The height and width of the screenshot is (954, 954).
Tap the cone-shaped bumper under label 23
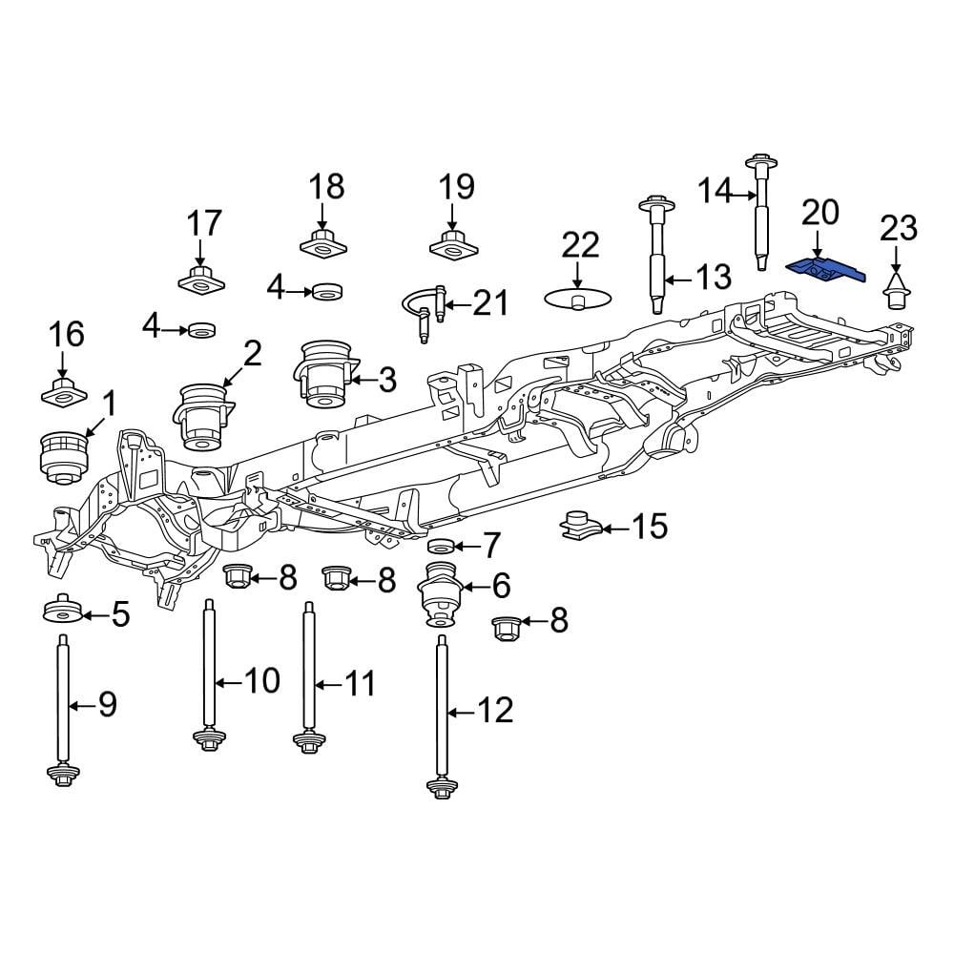[x=895, y=293]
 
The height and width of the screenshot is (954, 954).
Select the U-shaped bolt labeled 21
[x=424, y=311]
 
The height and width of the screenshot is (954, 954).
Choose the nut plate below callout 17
[x=200, y=280]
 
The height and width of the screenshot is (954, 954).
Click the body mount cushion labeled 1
[x=62, y=455]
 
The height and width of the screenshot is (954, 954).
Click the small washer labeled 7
[x=441, y=546]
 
